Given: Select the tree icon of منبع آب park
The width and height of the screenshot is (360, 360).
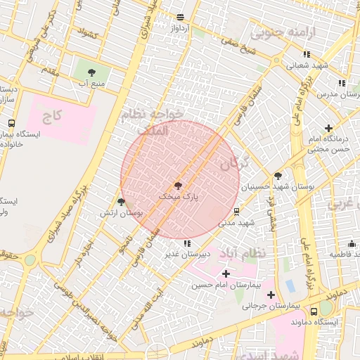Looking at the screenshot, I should [x=91, y=72].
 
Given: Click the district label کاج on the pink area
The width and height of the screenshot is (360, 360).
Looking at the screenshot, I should [x=53, y=115].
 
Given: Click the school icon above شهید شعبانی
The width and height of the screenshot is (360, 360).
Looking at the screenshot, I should [x=306, y=54].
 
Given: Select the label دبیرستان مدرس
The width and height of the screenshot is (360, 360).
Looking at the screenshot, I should [x=338, y=94].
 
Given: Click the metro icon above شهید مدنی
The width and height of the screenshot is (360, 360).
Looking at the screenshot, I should [x=236, y=210].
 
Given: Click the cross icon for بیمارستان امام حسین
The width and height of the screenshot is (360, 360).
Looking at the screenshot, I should [x=225, y=274].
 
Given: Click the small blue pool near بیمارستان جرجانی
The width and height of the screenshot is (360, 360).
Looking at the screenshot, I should [x=290, y=285].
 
